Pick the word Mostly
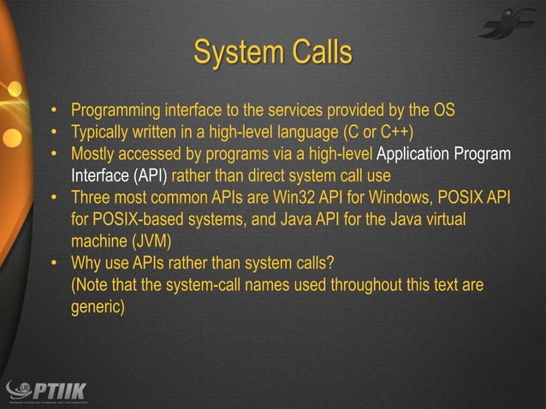pos(95,155)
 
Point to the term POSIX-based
pos(139,220)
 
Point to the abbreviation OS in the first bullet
pos(444,111)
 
